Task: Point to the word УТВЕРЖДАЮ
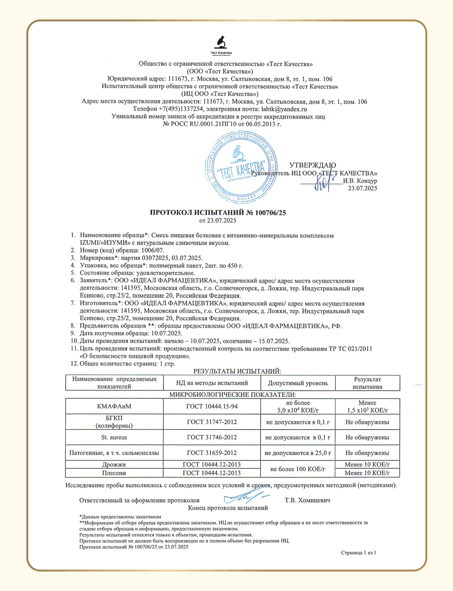point(312,165)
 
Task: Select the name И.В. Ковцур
point(360,181)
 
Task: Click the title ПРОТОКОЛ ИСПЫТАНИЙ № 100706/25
point(218,213)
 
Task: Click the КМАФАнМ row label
point(114,406)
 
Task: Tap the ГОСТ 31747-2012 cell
point(212,422)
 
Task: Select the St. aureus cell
point(114,437)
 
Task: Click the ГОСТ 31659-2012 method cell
point(212,453)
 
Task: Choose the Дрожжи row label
point(114,464)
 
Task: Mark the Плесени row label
point(114,473)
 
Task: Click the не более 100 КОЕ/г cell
point(298,469)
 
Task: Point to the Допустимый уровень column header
point(298,383)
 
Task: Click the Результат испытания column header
point(367,383)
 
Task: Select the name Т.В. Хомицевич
point(307,500)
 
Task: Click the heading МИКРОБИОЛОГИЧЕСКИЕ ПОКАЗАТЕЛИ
point(232,395)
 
